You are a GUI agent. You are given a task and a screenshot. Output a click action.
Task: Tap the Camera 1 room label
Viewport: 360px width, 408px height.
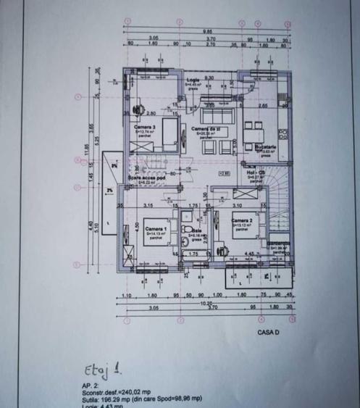coord(156,230)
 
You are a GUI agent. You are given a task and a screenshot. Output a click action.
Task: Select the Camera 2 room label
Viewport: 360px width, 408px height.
coord(241,220)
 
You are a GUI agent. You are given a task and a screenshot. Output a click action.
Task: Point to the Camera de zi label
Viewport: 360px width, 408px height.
coord(204,128)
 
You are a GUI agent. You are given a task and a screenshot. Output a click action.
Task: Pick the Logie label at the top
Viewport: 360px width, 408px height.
coord(193,79)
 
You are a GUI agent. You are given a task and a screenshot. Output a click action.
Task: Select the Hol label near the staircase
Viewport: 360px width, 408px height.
coord(257,172)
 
